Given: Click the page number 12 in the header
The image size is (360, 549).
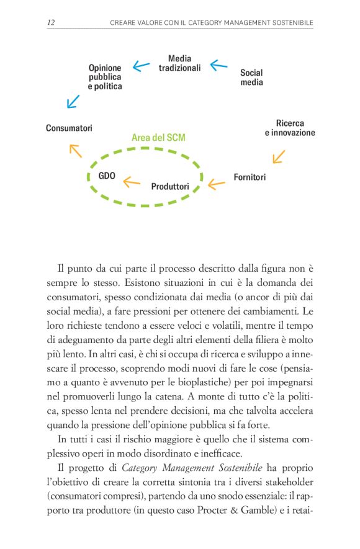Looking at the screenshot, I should tap(51, 23).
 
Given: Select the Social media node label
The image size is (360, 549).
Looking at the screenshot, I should tap(251, 77).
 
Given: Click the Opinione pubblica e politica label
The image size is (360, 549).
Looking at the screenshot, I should tap(104, 77).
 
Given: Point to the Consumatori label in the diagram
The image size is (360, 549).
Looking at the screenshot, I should tap(69, 128).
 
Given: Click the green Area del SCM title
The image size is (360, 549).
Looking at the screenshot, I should tap(158, 138).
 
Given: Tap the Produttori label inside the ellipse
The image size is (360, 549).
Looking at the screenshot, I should tap(170, 185).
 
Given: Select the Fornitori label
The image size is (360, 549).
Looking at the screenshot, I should tap(250, 177).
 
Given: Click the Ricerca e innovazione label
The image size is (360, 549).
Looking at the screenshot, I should tap(290, 128).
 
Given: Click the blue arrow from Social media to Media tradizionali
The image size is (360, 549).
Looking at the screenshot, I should tap(218, 65).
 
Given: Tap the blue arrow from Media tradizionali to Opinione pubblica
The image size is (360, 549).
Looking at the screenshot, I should tap(142, 66).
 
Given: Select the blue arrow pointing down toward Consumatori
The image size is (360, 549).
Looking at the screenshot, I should tap(73, 100).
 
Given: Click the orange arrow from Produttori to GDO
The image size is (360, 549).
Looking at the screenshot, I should tap(132, 182).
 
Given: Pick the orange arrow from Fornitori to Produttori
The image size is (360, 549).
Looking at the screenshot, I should tap(216, 183).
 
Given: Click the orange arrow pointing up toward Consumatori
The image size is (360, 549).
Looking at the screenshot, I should tap(75, 150).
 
